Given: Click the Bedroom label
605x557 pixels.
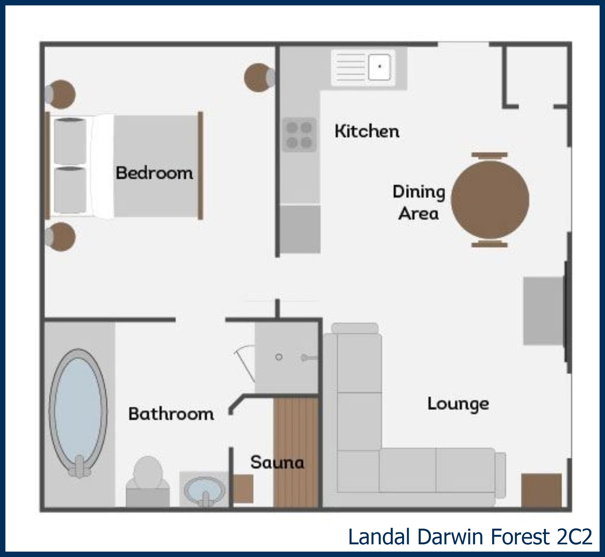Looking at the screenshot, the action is (x=154, y=173).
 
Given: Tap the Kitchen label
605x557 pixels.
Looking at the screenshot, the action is (x=367, y=131).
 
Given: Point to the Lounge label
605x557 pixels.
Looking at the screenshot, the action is (x=458, y=404).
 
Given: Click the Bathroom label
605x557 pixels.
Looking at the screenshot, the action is (x=171, y=413).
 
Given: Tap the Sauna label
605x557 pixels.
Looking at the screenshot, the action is (x=277, y=462).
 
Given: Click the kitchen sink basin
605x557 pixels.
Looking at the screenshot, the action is (x=379, y=67).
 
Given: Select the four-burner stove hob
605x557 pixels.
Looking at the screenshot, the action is (x=299, y=135).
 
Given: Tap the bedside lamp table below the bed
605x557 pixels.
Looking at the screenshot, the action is (x=60, y=237).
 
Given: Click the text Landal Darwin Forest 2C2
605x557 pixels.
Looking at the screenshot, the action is (x=470, y=537).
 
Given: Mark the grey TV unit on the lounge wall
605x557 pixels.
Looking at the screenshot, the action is (x=543, y=311).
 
